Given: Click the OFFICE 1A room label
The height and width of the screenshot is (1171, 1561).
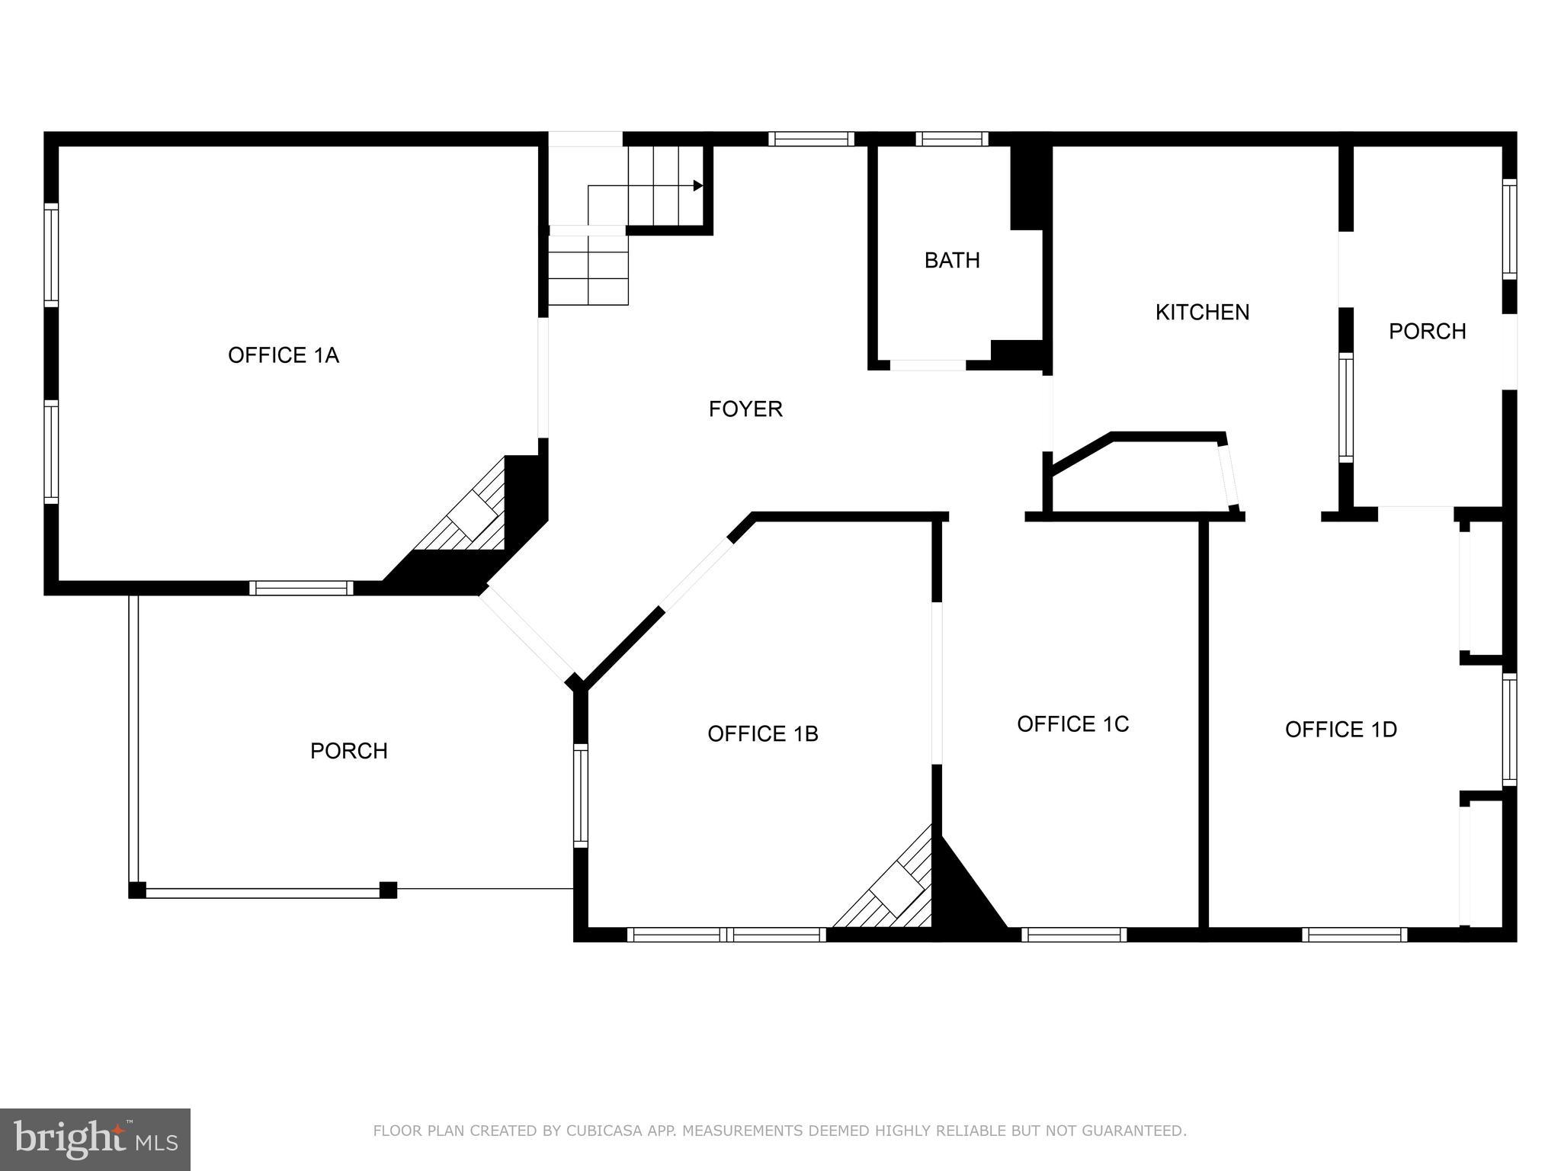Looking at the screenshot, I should click(x=283, y=355).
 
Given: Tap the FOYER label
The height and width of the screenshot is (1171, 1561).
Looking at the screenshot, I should click(x=745, y=409).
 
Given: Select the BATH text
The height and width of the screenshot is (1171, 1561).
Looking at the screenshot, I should click(x=952, y=261).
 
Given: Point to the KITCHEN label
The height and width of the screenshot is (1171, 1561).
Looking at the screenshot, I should click(x=1202, y=313).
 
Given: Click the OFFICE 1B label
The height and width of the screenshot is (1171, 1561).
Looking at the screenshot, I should click(x=762, y=733).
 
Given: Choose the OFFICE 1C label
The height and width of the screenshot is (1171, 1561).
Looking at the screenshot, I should click(x=1072, y=724).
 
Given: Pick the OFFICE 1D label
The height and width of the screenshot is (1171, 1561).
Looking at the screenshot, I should click(x=1341, y=730).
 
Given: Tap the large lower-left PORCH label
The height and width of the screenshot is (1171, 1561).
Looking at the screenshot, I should click(x=349, y=752).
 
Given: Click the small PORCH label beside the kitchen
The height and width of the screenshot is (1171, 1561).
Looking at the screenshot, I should click(x=1427, y=332).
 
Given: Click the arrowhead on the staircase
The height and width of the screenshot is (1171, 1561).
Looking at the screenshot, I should click(x=697, y=185).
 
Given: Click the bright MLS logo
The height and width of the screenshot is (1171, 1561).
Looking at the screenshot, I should click(x=95, y=1139).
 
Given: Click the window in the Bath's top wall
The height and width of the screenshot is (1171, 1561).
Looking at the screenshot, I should click(x=951, y=139).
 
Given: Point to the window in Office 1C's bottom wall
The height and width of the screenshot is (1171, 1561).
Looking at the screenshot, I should click(x=1073, y=934).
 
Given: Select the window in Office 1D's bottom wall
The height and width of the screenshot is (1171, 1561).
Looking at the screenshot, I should click(x=1354, y=934).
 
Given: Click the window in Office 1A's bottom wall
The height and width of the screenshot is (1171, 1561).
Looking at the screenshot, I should click(x=301, y=588).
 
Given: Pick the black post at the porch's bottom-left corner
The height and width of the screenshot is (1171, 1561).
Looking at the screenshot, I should click(x=137, y=890).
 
